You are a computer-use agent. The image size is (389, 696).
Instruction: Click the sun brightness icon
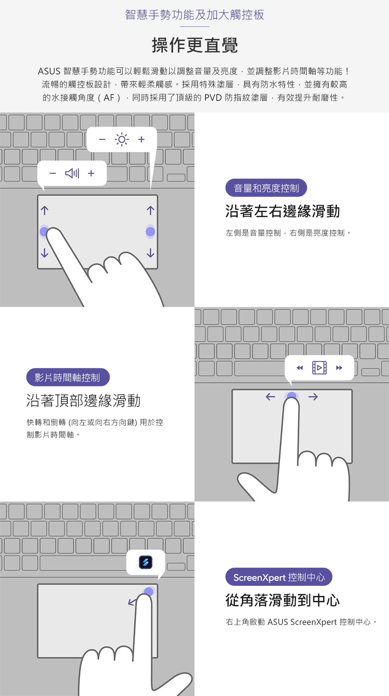click(121, 139)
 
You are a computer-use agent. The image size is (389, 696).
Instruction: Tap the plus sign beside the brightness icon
click(141, 139)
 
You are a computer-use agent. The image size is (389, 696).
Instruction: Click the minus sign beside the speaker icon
click(53, 173)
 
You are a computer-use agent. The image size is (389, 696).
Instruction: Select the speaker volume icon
click(72, 173)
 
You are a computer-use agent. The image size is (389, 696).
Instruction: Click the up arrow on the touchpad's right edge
click(151, 210)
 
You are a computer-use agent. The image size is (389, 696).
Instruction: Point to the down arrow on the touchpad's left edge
click(45, 253)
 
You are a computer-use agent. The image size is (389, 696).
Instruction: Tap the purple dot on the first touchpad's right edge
click(151, 232)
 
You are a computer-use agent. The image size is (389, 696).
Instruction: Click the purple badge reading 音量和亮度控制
click(266, 188)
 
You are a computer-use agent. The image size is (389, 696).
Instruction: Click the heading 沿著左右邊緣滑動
click(282, 211)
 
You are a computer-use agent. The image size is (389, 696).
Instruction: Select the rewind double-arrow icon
click(300, 368)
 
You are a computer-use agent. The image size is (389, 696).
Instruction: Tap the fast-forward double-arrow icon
click(339, 368)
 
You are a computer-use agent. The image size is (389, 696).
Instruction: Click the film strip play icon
click(319, 368)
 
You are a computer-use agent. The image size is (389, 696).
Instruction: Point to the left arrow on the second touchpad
click(270, 397)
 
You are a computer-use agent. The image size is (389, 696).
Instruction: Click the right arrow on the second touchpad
click(313, 397)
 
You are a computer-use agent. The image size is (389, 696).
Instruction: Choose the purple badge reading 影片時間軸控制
click(68, 377)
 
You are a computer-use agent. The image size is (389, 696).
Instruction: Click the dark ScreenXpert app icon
click(145, 562)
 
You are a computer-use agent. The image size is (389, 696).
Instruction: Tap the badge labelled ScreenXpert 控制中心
click(279, 577)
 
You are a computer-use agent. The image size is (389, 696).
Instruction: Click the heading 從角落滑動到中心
click(282, 600)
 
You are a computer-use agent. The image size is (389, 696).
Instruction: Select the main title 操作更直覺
click(194, 46)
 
